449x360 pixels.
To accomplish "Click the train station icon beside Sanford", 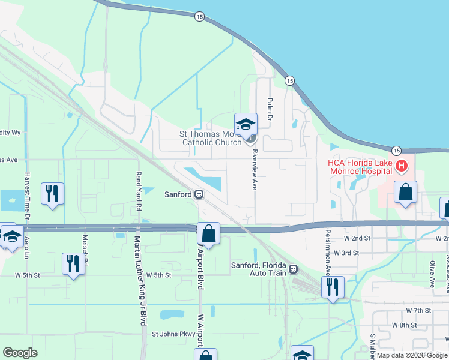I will pyautogui.click(x=198, y=194).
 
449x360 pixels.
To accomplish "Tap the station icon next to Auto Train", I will pyautogui.click(x=293, y=269).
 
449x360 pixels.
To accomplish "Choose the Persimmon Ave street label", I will pyautogui.click(x=328, y=252).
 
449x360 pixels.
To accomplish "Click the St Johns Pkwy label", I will pyautogui.click(x=174, y=334).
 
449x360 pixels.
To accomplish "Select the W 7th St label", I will pyautogui.click(x=418, y=310).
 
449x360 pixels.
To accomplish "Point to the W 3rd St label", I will pyautogui.click(x=346, y=253).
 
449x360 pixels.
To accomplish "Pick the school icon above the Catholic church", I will pyautogui.click(x=246, y=124).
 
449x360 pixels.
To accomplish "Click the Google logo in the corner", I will pyautogui.click(x=20, y=353).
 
